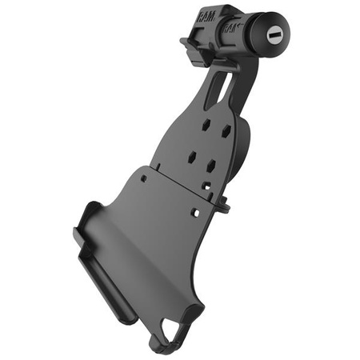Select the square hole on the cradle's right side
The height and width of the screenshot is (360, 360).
(x=194, y=213)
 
